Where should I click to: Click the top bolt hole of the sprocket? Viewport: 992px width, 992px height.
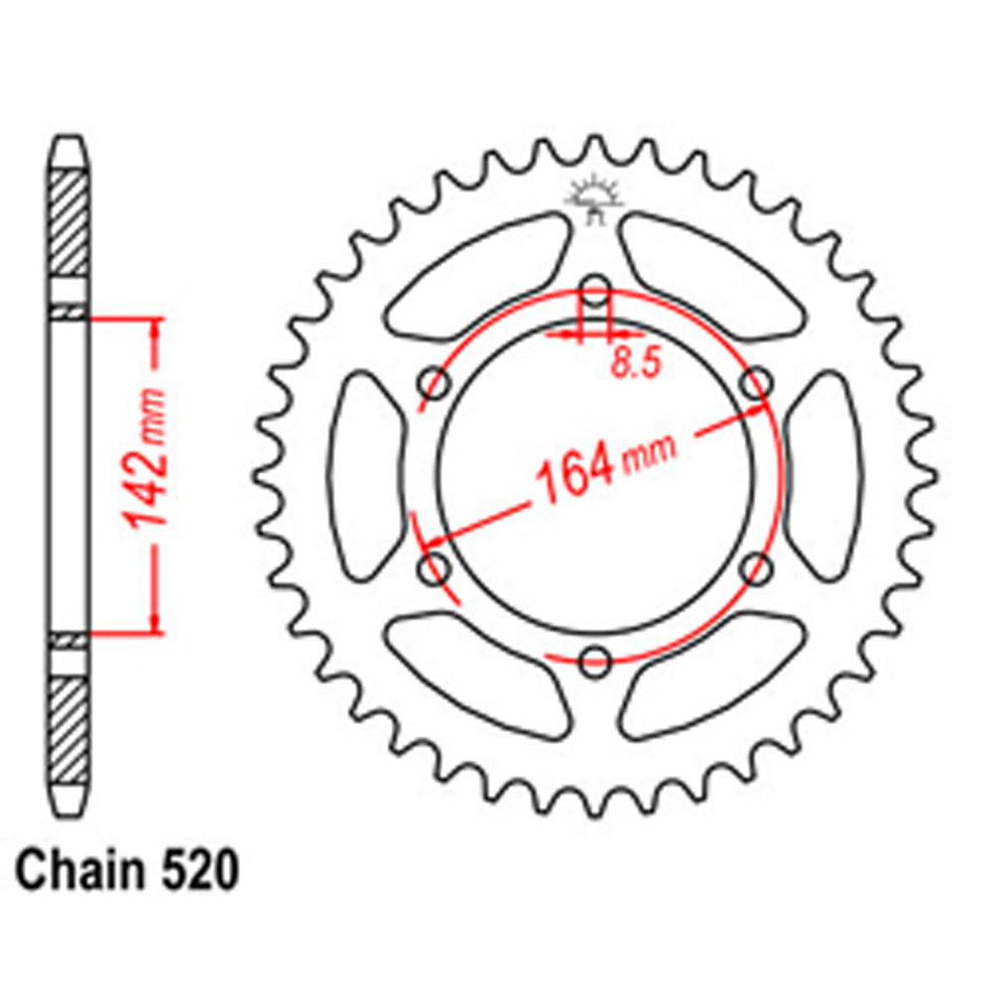(595, 292)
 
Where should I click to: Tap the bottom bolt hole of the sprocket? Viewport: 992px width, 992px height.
(595, 661)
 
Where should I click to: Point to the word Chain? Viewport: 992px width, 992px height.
(74, 874)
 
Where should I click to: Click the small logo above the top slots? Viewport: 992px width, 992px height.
(593, 198)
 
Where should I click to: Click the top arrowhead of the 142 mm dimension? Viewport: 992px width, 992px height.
(155, 327)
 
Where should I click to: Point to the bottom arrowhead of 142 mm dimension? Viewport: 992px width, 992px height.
(155, 622)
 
